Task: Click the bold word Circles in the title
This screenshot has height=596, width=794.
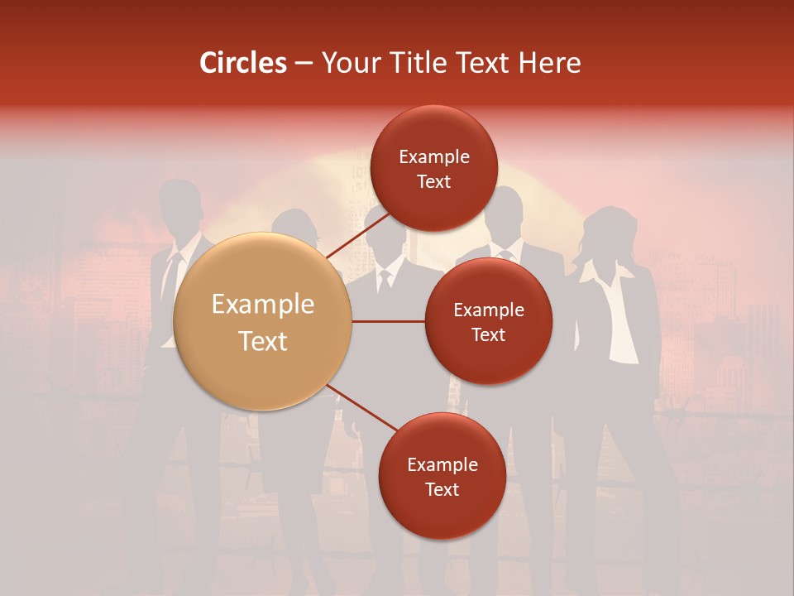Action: point(243,63)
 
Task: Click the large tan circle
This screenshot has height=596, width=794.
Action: point(262,322)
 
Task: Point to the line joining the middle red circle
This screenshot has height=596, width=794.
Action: point(388,321)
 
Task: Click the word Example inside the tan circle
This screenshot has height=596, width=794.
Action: point(262,305)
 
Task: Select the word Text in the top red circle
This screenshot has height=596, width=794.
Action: point(433,181)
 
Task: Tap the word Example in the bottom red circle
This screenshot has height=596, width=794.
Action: point(442,464)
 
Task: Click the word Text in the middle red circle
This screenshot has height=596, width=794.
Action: point(488,334)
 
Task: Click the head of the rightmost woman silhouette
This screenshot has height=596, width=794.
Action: point(612,228)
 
